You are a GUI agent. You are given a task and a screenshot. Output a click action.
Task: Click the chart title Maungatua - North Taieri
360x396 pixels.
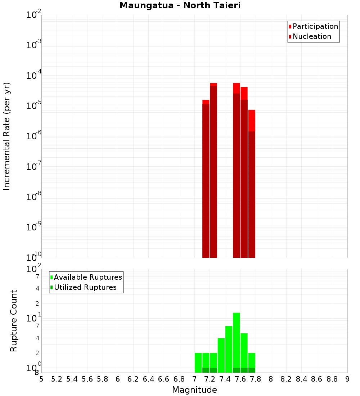pos(180,6)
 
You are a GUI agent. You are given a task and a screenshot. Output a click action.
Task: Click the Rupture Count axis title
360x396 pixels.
pos(14,321)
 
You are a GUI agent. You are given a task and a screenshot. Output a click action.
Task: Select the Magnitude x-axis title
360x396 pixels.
pos(194,390)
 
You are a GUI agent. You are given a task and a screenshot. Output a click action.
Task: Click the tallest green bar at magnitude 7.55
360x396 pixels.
pos(237,342)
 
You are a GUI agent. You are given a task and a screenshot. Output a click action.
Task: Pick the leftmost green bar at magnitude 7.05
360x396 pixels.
pos(198,363)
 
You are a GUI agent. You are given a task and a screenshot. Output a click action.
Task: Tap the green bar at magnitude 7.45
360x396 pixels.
pos(229,349)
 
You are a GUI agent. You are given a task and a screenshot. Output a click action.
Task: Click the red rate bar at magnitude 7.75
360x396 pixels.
pos(252,184)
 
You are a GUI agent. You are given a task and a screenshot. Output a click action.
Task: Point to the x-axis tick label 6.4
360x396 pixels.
pos(148,379)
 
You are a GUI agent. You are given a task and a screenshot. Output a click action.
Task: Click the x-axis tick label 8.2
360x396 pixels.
pos(286,379)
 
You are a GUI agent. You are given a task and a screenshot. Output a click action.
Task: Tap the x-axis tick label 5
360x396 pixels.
pos(41,379)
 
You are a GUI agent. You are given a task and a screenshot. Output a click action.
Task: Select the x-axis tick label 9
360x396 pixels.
pos(347,379)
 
